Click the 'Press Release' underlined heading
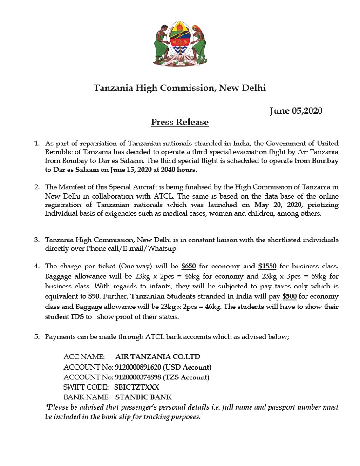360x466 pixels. pyautogui.click(x=180, y=123)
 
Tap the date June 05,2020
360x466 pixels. pyautogui.click(x=296, y=111)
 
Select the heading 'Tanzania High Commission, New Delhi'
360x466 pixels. pyautogui.click(x=180, y=88)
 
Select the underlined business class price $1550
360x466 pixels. pyautogui.click(x=267, y=267)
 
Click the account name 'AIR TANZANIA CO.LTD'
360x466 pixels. pyautogui.click(x=158, y=357)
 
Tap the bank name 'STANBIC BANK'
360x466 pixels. pyautogui.click(x=143, y=397)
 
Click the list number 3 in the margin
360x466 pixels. pyautogui.click(x=36, y=240)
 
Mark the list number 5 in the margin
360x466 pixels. pyautogui.click(x=36, y=336)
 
